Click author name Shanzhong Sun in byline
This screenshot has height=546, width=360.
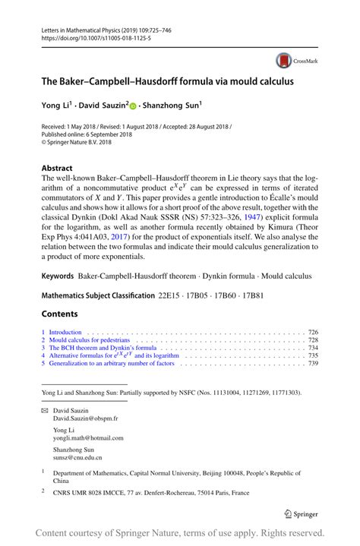pyautogui.click(x=172, y=107)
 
